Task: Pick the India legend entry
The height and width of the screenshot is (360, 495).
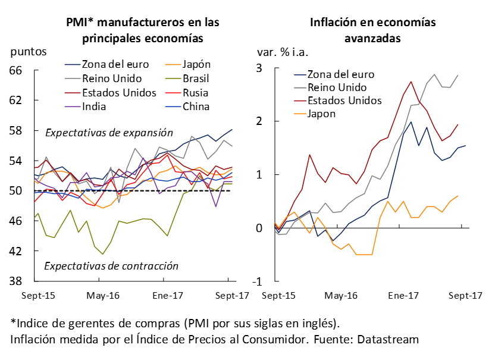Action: click(x=94, y=107)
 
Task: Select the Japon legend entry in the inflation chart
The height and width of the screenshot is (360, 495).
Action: click(x=321, y=114)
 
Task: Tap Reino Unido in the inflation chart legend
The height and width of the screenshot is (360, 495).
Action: click(x=339, y=87)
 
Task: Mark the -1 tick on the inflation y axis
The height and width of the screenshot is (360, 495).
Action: click(x=258, y=281)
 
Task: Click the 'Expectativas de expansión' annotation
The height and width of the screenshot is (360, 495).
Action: click(x=109, y=133)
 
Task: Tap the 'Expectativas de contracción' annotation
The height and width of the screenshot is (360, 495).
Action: click(x=111, y=266)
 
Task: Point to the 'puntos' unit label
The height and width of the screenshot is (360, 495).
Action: click(x=27, y=51)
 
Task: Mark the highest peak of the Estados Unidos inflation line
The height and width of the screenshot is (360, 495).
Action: click(x=411, y=82)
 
